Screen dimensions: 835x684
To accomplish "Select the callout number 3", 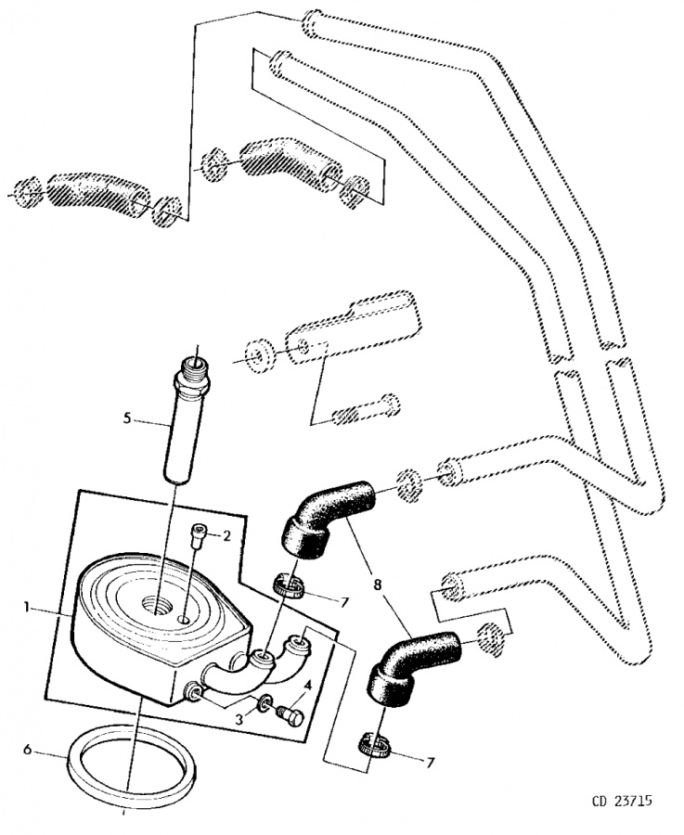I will coord(239,719).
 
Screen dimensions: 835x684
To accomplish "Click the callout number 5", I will coord(127,418).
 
